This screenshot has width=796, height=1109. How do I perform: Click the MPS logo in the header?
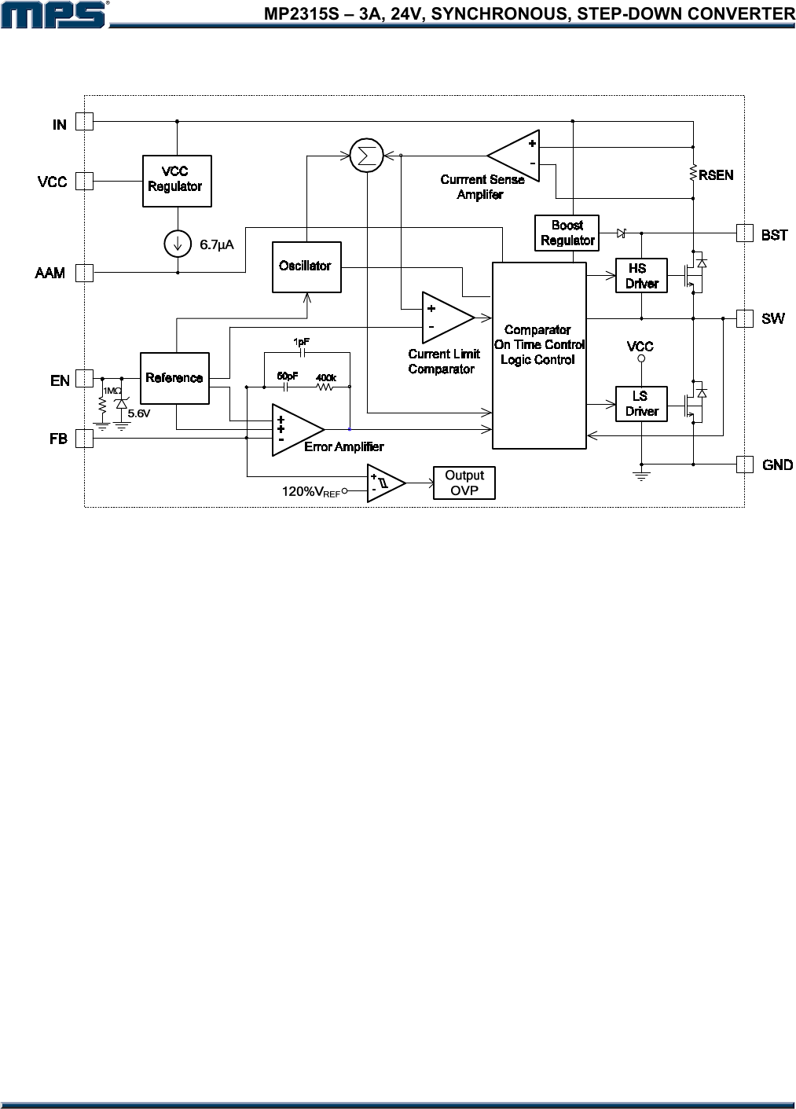[53, 14]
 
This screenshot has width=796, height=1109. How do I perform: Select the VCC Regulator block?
[177, 181]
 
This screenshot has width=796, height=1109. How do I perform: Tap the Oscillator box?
[306, 266]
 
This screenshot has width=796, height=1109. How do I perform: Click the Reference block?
[174, 378]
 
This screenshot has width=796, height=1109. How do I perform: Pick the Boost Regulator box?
[567, 233]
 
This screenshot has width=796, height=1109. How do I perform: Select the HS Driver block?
[641, 276]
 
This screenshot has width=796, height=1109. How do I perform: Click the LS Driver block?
[641, 404]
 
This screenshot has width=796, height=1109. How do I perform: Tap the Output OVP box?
[464, 483]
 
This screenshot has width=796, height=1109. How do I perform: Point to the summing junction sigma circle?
[365, 156]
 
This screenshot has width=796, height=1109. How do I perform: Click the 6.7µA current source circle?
[178, 244]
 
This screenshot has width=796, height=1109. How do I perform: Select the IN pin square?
[84, 122]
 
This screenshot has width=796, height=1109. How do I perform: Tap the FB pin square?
[84, 439]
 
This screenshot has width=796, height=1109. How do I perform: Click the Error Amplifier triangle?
[295, 430]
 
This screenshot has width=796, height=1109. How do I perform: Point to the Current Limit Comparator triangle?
[445, 318]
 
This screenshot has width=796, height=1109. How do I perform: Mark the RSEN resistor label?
[716, 175]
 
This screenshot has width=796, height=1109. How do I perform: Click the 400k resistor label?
[326, 378]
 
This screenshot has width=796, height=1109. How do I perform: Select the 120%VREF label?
[310, 492]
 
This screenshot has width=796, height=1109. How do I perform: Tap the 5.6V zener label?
[138, 413]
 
